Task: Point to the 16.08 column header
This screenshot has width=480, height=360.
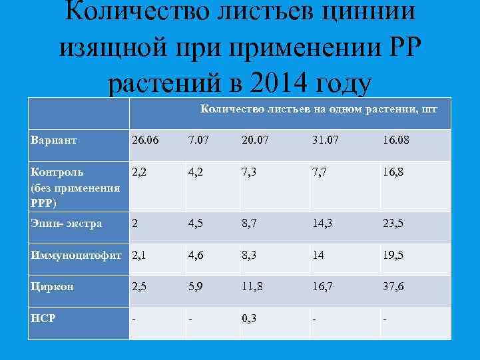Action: tap(395, 141)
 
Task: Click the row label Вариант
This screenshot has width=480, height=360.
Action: tap(53, 141)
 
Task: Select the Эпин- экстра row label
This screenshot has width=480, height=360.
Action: tap(66, 224)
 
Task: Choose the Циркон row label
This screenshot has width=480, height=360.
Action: tap(52, 287)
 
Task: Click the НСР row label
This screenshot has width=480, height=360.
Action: tap(43, 318)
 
